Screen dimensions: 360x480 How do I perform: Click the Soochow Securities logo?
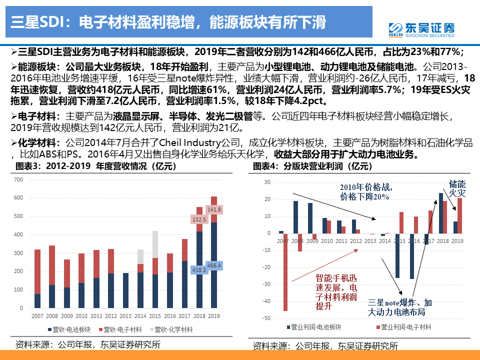click(421, 29)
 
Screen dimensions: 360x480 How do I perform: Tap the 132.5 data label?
click(199, 219)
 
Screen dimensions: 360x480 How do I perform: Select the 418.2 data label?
click(199, 270)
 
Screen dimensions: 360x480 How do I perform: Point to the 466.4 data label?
click(214, 265)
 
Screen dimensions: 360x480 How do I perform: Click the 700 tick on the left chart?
click(19, 179)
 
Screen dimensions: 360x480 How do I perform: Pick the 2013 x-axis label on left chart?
click(125, 316)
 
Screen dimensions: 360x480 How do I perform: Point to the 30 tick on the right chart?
click(266, 182)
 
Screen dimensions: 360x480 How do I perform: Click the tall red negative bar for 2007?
click(285, 272)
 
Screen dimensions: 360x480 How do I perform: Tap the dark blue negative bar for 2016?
click(411, 256)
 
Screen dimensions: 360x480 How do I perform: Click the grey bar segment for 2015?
click(155, 244)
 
